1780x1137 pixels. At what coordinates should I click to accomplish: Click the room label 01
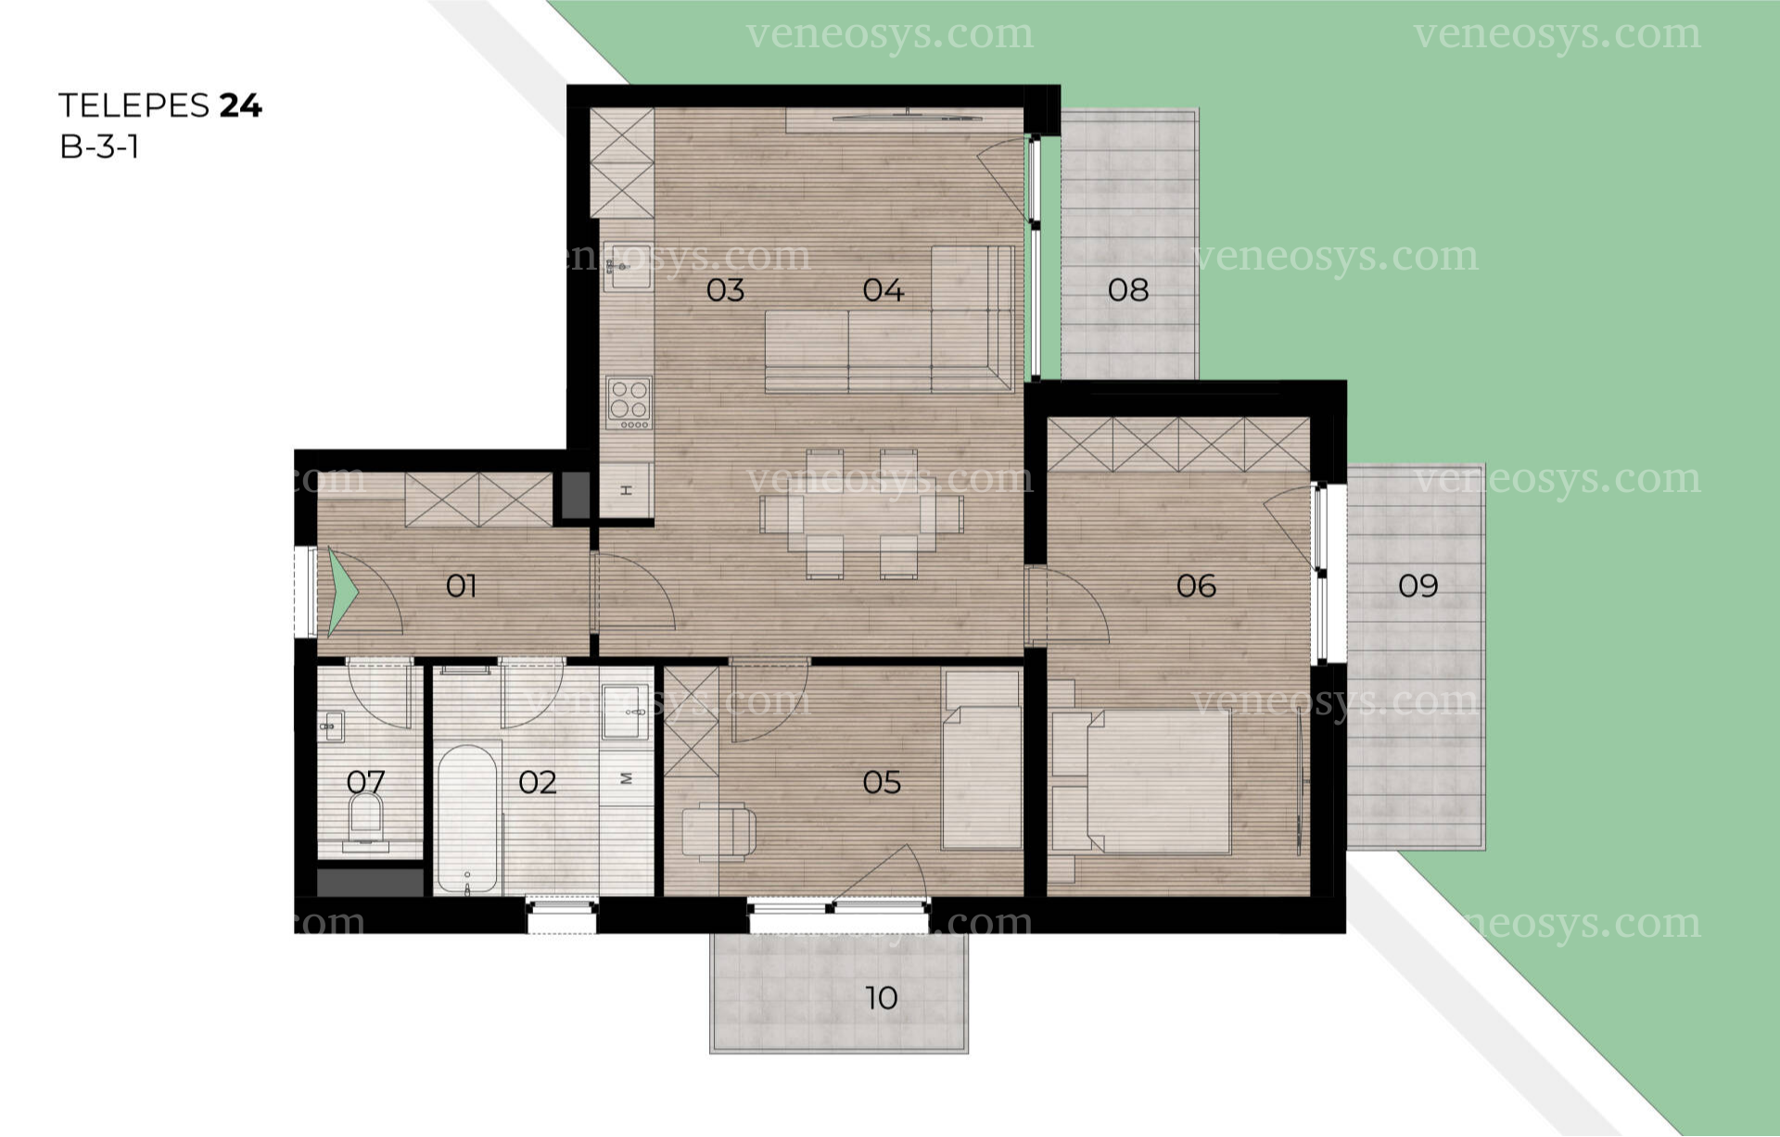coord(461,586)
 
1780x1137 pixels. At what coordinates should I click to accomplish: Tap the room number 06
coord(1196,586)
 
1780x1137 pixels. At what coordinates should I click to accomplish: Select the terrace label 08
coord(1128,290)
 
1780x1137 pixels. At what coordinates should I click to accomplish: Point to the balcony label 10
coord(881,998)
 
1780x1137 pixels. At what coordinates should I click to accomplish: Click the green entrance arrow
coord(342,591)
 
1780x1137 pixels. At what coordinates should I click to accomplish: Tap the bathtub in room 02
coord(467,819)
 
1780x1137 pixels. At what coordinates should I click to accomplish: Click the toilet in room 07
coord(365,820)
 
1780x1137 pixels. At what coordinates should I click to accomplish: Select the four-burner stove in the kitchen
coord(629,403)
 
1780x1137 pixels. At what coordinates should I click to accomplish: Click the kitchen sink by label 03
coord(627,267)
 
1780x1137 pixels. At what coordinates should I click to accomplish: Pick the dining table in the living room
coord(861,514)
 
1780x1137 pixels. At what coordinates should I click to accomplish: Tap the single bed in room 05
coord(982,760)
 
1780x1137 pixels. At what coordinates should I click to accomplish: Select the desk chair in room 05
coord(719,830)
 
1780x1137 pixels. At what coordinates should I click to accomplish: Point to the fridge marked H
coord(627,489)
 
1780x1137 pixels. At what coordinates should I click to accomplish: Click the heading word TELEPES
coord(134,106)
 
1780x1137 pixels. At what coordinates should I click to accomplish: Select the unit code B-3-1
coord(99,147)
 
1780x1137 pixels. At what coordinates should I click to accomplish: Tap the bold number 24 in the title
coord(241,106)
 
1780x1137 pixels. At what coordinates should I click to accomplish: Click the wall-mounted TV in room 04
coord(907,117)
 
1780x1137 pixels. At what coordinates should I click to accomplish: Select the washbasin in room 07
coord(332,726)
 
